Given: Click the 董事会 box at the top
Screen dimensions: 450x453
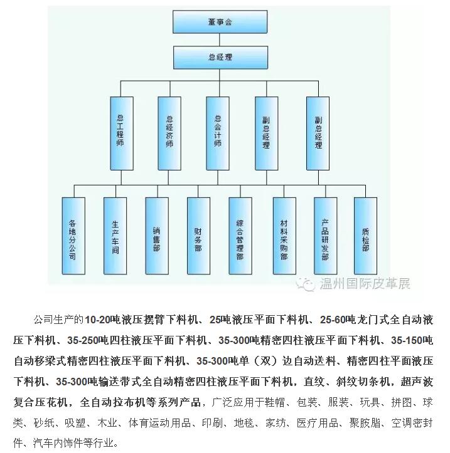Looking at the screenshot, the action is pyautogui.click(x=220, y=22).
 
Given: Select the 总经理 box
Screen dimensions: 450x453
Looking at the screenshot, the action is pyautogui.click(x=220, y=57).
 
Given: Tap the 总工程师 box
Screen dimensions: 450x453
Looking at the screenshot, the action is pyautogui.click(x=122, y=133).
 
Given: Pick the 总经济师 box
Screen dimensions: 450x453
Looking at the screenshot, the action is pyautogui.click(x=169, y=133).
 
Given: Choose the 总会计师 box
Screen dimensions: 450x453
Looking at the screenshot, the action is pyautogui.click(x=218, y=133).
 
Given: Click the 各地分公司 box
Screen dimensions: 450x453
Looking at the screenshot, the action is pyautogui.click(x=73, y=236).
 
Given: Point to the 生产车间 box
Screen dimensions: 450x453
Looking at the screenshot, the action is pyautogui.click(x=115, y=236).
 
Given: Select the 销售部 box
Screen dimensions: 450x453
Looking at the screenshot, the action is pyautogui.click(x=157, y=236).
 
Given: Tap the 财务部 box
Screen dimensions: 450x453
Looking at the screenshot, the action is pyautogui.click(x=198, y=236).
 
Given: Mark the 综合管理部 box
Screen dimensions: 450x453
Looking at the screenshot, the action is pyautogui.click(x=240, y=236).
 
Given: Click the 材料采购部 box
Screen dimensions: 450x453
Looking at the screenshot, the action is pyautogui.click(x=284, y=236).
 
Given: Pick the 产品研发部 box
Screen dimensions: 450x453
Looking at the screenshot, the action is pyautogui.click(x=326, y=236).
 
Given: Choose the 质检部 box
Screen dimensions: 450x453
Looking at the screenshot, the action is pyautogui.click(x=365, y=236).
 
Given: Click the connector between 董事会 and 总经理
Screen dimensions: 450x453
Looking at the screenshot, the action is pyautogui.click(x=220, y=39).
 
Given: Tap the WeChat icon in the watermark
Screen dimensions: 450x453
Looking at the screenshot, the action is pyautogui.click(x=306, y=284).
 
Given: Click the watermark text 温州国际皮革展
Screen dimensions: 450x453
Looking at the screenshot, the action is pyautogui.click(x=365, y=283).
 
